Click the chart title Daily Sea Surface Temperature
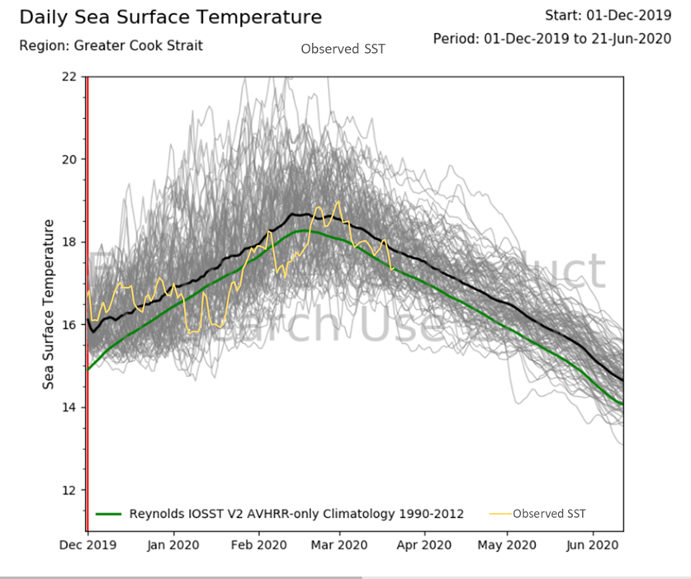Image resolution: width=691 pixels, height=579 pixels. click(171, 17)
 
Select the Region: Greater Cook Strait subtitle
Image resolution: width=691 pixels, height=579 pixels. click(111, 45)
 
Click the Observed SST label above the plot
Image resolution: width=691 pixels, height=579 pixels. click(343, 49)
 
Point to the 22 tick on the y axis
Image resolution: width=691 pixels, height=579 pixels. click(69, 77)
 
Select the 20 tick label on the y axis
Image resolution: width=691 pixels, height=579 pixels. click(69, 159)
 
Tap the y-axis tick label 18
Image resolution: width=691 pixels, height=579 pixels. click(69, 242)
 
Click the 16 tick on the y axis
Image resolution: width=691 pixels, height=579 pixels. click(69, 324)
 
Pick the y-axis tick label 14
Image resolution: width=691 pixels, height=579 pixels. click(69, 407)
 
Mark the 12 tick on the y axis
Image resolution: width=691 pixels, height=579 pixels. click(69, 490)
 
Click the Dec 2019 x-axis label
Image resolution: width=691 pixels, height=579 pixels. click(88, 545)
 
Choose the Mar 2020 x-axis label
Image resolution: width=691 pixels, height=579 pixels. click(341, 545)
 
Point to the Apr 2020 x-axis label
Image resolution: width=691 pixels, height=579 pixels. click(424, 545)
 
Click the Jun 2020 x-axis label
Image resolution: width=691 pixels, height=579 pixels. click(592, 545)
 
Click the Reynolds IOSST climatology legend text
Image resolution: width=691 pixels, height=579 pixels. click(296, 514)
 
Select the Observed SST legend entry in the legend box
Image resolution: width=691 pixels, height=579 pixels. click(549, 514)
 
